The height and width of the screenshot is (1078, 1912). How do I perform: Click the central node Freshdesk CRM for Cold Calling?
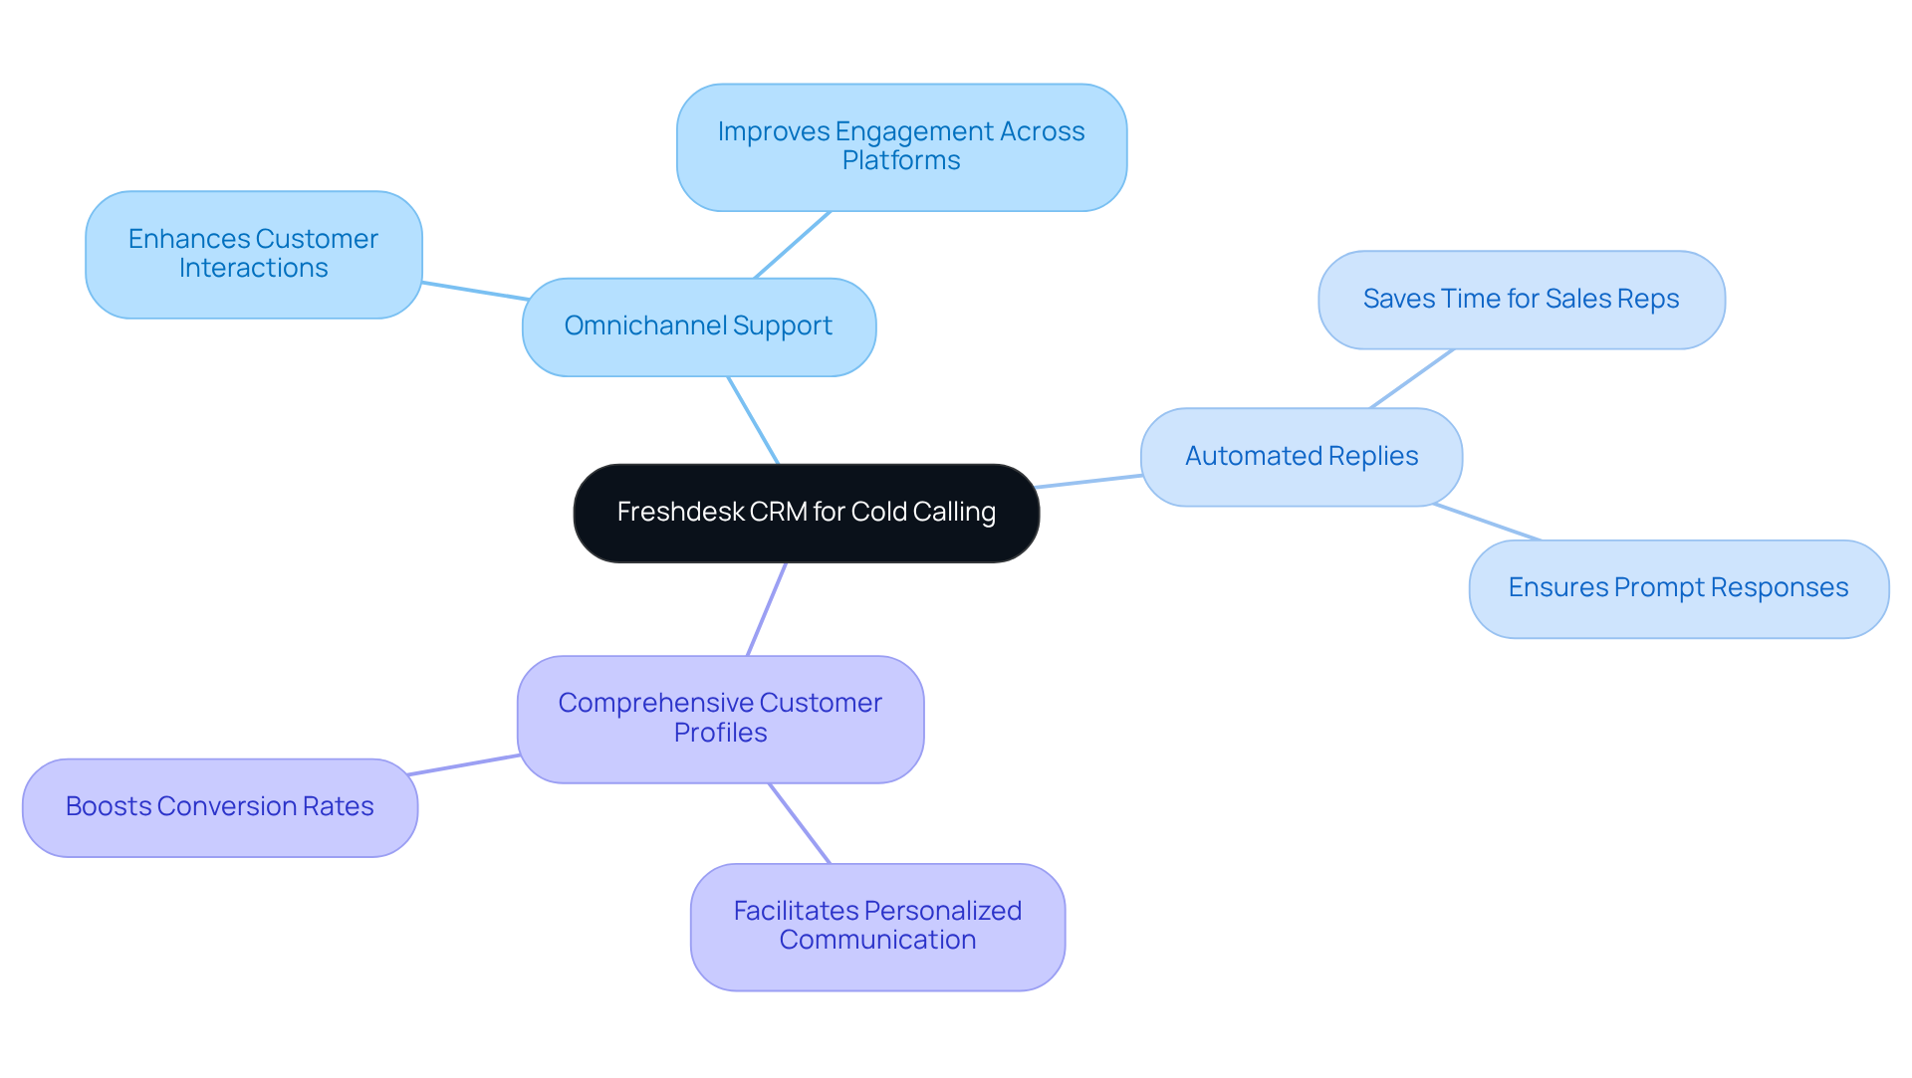[806, 513]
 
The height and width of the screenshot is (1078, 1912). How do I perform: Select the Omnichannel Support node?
[698, 326]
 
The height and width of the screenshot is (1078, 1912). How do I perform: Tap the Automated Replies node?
[1301, 457]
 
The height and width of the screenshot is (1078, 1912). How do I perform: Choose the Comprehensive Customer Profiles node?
[720, 719]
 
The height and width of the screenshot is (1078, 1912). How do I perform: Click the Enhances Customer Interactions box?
[253, 255]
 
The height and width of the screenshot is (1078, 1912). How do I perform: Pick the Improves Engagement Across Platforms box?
[900, 147]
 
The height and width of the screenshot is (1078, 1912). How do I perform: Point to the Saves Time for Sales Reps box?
[1521, 300]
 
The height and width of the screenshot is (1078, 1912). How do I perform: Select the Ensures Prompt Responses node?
[1678, 588]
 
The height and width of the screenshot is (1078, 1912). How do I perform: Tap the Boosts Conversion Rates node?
[219, 807]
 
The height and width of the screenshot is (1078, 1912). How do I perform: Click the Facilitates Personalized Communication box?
[876, 926]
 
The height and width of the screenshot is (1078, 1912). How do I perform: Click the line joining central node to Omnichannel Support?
[753, 420]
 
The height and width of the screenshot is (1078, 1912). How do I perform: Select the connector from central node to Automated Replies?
[1089, 482]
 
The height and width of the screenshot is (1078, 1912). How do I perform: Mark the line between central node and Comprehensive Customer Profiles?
[767, 609]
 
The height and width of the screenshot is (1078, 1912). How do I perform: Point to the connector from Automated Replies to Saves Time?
[1412, 378]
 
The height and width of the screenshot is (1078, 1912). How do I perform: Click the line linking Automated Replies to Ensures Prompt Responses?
[1487, 523]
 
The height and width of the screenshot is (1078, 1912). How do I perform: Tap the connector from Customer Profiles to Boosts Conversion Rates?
[464, 765]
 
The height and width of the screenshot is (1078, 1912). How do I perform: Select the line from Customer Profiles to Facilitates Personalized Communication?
[800, 823]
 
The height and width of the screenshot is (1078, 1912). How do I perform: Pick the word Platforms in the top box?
[900, 161]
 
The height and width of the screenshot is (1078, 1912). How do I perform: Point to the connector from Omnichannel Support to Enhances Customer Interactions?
[475, 291]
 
